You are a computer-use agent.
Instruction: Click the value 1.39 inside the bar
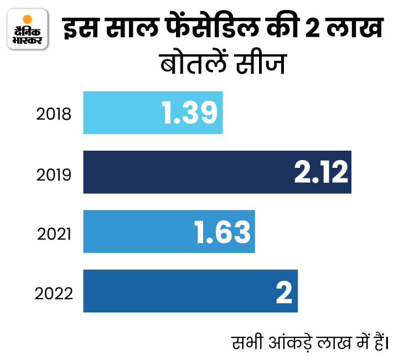(189, 113)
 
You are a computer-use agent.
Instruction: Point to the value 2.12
(321, 173)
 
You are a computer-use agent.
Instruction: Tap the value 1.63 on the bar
(222, 232)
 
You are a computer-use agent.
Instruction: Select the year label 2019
(54, 174)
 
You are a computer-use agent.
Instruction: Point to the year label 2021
(54, 234)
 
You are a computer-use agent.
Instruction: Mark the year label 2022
(54, 292)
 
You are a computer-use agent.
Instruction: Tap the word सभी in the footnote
(243, 340)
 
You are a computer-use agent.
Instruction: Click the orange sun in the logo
(27, 23)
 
